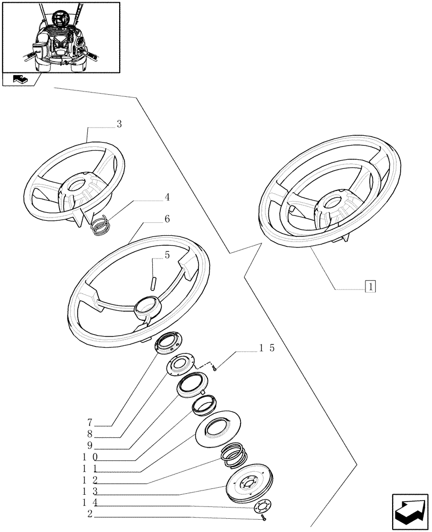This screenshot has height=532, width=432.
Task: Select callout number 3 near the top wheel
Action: pos(119,124)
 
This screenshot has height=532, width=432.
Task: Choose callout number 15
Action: pos(267,348)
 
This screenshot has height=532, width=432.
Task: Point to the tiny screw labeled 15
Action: pos(213,368)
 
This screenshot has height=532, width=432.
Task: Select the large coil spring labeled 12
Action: pos(235,454)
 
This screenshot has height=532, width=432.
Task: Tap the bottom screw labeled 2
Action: pos(263,517)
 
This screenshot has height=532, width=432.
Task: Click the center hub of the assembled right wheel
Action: pos(334,202)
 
